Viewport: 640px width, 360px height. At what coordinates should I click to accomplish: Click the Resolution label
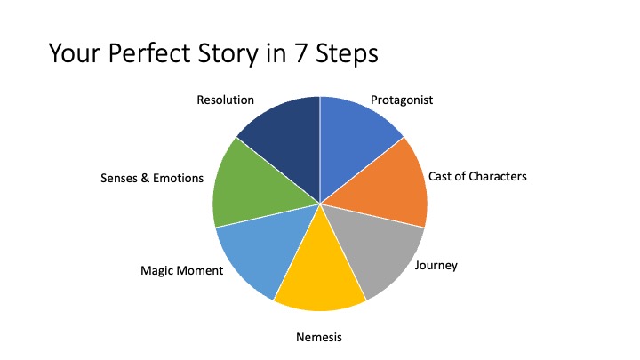coord(225,100)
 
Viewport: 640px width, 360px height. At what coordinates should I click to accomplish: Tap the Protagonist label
coord(402,100)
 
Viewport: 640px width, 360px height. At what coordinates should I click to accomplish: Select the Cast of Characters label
coord(477,176)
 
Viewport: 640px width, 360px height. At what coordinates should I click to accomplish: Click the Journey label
coord(436,266)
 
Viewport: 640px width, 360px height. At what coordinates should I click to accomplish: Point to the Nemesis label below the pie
coord(319,337)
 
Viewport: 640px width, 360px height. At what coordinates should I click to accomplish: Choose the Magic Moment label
coord(181,270)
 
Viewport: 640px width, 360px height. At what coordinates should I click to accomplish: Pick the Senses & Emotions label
coord(152,178)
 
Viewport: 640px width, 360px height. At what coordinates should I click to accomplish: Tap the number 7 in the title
coord(300,53)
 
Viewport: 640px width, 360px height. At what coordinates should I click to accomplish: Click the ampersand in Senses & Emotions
coord(145,178)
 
